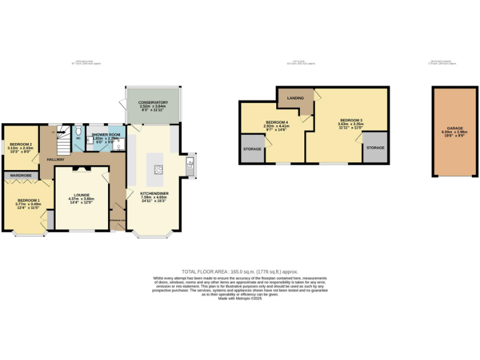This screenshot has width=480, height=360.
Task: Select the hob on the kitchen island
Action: pos(158,168)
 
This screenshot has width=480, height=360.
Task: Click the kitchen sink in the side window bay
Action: pos(189,164)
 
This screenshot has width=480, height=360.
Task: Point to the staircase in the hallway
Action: pos(64,141)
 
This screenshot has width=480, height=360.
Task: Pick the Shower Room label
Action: pos(106,134)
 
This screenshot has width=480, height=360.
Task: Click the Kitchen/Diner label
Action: pos(154,194)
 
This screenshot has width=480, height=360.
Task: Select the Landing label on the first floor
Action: pos(296,99)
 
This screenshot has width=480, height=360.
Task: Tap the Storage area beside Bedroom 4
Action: pos(252,149)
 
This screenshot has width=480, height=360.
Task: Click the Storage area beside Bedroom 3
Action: pos(375,148)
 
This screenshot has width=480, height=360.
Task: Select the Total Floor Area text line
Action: pos(239,272)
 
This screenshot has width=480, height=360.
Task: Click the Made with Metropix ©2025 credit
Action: pos(239,299)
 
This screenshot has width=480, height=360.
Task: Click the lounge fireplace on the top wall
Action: pos(82,169)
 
